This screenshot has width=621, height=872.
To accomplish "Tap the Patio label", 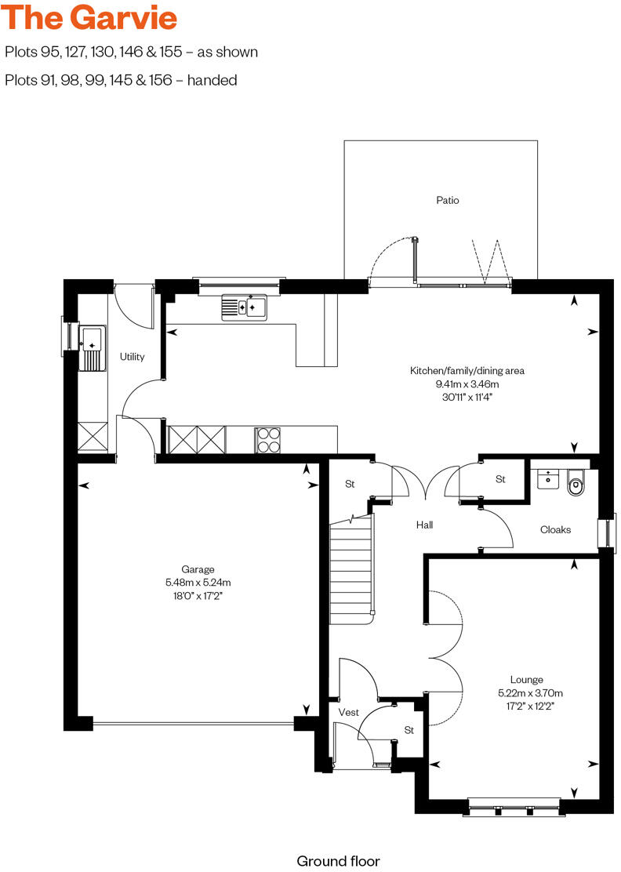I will click(x=448, y=200).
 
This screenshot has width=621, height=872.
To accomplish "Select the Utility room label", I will click(x=132, y=357).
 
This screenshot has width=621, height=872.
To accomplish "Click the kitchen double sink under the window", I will click(x=244, y=307).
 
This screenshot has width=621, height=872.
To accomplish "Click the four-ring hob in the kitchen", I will click(x=267, y=439).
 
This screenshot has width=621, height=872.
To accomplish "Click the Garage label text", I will click(x=198, y=569).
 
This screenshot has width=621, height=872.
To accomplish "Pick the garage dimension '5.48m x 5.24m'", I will click(x=198, y=583).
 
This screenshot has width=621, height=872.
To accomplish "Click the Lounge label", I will click(x=526, y=680).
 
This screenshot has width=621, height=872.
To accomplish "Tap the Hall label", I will click(x=424, y=525).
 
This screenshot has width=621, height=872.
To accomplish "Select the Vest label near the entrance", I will click(x=348, y=712).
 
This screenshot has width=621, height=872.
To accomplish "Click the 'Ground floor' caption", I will click(x=338, y=860).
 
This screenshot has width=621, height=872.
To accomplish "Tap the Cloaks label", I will click(x=555, y=529).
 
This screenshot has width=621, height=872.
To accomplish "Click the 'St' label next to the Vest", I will click(x=409, y=730).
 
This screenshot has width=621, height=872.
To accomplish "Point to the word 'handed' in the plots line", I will click(x=212, y=80).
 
